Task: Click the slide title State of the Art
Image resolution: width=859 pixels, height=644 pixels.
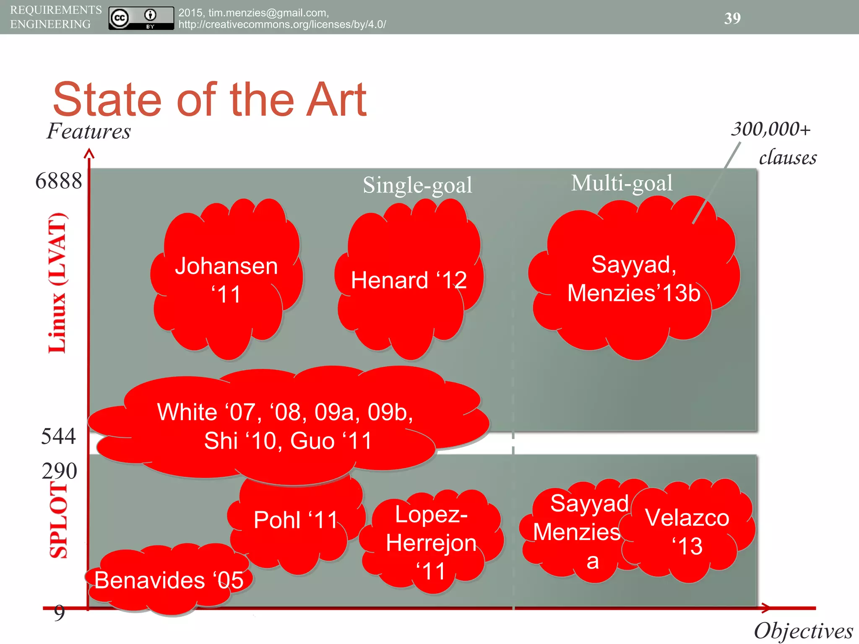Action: [210, 100]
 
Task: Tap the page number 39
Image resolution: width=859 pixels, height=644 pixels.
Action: [732, 18]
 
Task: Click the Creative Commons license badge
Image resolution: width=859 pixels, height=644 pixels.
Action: [141, 18]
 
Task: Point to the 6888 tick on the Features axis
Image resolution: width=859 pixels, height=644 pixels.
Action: [59, 181]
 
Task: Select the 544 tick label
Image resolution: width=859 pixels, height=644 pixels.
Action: [58, 436]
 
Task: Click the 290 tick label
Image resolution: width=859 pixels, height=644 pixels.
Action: [59, 471]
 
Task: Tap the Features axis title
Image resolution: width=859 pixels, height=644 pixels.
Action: [89, 131]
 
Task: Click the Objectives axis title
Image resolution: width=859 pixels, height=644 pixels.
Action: [803, 631]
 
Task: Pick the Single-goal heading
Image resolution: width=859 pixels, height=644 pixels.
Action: [417, 185]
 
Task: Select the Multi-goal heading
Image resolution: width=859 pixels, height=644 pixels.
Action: [622, 183]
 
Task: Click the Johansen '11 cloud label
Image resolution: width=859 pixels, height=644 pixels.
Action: [226, 280]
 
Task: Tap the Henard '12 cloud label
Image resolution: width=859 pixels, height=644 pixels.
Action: [409, 280]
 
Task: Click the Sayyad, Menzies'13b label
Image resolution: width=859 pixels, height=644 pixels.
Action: [634, 278]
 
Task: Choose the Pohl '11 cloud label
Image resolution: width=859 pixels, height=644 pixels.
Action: [296, 520]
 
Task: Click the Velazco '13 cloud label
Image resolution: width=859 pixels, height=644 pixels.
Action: [687, 532]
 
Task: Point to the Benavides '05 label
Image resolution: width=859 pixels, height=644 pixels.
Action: [169, 580]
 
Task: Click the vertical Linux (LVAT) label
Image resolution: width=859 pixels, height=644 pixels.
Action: [58, 283]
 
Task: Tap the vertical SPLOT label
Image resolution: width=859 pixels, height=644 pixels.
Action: [59, 520]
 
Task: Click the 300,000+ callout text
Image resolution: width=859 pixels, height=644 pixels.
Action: [771, 129]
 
